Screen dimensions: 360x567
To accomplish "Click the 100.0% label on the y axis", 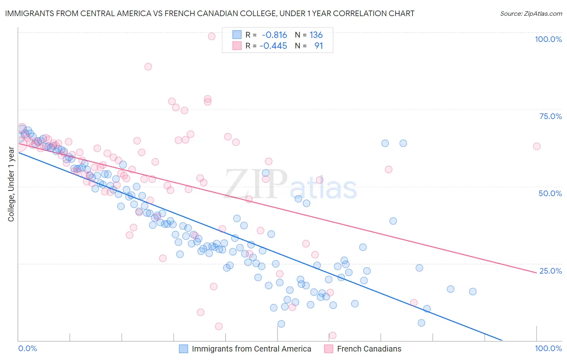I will [548, 39].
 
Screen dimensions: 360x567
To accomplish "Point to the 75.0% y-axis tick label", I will [550, 116].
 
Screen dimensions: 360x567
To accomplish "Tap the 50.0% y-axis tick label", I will [550, 193].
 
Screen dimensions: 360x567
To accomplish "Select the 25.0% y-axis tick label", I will [550, 271].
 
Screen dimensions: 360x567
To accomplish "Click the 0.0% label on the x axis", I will [27, 348].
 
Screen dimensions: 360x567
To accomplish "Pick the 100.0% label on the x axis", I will [548, 348].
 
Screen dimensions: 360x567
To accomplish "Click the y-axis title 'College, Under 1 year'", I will [11, 184].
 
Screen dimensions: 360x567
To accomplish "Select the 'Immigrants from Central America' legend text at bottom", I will [251, 349].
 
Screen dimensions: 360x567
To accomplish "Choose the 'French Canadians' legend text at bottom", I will [369, 349].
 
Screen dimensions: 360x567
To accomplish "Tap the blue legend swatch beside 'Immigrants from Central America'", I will [183, 349].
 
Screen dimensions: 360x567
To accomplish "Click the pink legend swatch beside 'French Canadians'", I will [329, 349].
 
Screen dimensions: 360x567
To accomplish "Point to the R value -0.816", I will [274, 35].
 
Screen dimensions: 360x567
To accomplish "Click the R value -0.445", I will [273, 46].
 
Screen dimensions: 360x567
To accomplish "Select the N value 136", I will [316, 35].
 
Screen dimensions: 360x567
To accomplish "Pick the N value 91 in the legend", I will [319, 46].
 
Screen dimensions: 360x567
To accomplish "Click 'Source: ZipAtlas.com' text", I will [531, 14].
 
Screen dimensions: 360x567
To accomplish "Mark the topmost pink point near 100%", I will [211, 36].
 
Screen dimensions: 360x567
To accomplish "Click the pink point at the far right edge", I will [536, 146].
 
